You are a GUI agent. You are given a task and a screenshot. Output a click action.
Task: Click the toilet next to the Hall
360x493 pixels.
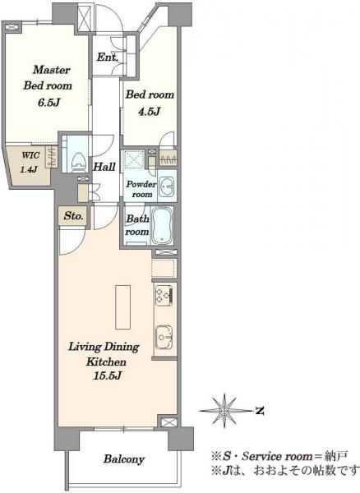(79, 160)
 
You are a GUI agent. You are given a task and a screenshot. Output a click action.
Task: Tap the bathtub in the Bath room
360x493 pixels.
(162, 225)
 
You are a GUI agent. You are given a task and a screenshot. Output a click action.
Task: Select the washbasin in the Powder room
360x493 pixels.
(166, 187)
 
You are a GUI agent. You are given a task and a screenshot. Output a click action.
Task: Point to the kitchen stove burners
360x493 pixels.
(164, 296)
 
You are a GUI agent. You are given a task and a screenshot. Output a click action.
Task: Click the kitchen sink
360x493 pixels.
(164, 337)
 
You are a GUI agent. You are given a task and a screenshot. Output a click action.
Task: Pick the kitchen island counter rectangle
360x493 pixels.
(122, 306)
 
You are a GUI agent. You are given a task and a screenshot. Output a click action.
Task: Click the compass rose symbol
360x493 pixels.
(224, 411)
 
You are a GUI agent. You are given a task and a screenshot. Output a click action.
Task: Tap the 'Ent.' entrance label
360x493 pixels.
(108, 58)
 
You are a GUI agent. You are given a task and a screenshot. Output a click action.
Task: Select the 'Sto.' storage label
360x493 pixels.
(74, 216)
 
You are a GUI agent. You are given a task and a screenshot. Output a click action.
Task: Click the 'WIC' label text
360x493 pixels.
(30, 155)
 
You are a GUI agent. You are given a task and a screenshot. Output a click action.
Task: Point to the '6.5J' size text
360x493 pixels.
(48, 103)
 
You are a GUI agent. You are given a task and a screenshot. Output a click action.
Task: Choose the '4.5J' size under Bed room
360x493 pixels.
(150, 111)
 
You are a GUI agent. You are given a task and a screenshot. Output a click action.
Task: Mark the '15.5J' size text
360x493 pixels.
(107, 376)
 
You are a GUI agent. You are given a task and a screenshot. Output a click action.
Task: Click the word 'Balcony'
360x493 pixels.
(124, 459)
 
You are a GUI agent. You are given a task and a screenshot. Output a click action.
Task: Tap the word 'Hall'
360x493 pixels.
(104, 167)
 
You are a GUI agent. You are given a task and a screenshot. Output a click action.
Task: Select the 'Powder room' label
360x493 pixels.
(141, 189)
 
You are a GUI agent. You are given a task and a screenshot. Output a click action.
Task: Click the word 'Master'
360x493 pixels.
(52, 70)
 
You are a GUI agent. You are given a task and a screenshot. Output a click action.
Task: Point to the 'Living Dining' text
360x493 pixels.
(104, 347)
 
